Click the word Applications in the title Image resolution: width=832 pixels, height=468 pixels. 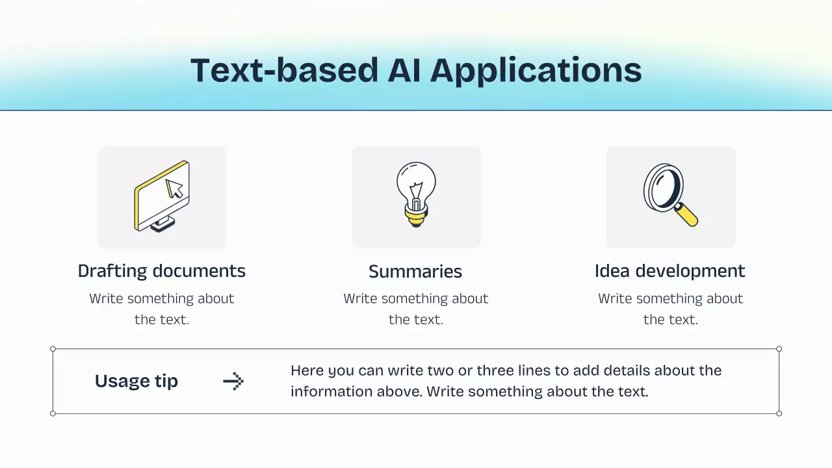(536, 71)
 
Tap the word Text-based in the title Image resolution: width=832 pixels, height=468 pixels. (284, 70)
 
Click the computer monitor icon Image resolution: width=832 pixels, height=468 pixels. (162, 196)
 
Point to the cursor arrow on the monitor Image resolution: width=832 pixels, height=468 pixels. (174, 188)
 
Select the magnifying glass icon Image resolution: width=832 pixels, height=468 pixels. (669, 194)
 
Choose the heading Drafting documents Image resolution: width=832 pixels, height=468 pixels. (162, 271)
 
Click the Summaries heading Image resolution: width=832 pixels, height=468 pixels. (415, 272)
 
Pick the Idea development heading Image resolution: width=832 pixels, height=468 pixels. (669, 271)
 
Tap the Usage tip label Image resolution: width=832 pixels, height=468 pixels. (136, 381)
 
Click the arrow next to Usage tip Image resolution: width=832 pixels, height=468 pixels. (233, 381)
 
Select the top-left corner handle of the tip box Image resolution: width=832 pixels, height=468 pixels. (53, 349)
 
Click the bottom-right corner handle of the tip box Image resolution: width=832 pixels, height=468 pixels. (779, 413)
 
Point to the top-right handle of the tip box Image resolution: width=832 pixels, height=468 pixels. (779, 349)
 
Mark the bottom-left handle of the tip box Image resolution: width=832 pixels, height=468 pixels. (53, 413)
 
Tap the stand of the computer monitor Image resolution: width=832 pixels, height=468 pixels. (162, 225)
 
